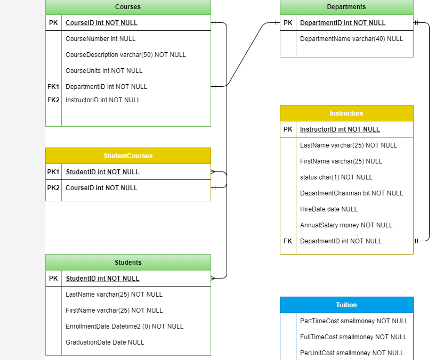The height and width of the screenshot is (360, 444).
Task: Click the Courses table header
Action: pyautogui.click(x=128, y=7)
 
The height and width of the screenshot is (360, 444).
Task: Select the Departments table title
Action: pyautogui.click(x=346, y=7)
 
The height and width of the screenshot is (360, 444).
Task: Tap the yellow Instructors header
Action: pyautogui.click(x=346, y=113)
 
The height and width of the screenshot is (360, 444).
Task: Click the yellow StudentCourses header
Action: pyautogui.click(x=128, y=156)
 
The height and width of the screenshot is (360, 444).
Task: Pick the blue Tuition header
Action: pyautogui.click(x=346, y=305)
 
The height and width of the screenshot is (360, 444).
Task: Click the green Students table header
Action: pyautogui.click(x=128, y=263)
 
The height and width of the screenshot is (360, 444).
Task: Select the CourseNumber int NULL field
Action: pyautogui.click(x=100, y=39)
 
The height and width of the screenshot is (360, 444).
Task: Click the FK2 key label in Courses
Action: pyautogui.click(x=53, y=100)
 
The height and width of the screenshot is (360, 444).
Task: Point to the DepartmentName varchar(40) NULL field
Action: pyautogui.click(x=351, y=39)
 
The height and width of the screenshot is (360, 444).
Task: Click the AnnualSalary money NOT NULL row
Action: pyautogui.click(x=346, y=225)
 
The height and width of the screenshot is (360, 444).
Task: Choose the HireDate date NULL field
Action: pyautogui.click(x=329, y=209)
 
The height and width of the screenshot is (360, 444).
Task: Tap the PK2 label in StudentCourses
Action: pyautogui.click(x=53, y=188)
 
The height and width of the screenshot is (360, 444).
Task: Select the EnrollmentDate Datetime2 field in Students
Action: pyautogui.click(x=124, y=326)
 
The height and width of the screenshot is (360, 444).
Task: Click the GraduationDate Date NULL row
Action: pyautogui.click(x=104, y=342)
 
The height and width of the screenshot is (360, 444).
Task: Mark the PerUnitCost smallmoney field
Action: pyautogui.click(x=352, y=353)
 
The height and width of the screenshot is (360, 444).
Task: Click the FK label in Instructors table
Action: pyautogui.click(x=288, y=241)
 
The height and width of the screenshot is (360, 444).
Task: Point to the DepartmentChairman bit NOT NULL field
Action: pyautogui.click(x=351, y=193)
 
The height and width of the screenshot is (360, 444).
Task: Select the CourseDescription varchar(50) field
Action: pyautogui.click(x=125, y=55)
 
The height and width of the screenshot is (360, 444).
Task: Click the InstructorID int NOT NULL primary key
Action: pyautogui.click(x=340, y=129)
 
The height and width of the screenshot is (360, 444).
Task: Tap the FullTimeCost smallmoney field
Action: pyautogui.click(x=353, y=337)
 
